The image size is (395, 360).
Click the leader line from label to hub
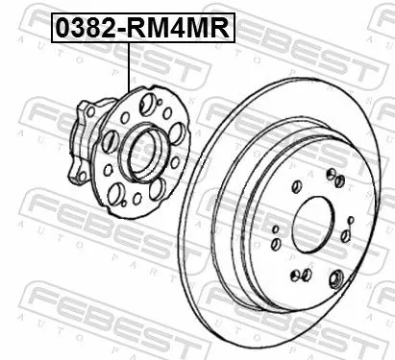click(x=128, y=77)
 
